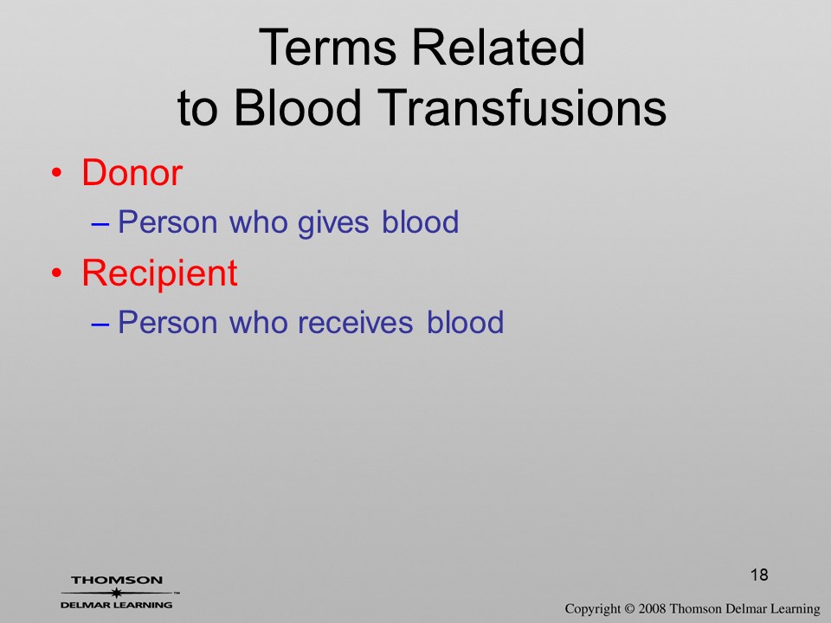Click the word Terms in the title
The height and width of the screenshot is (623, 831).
click(x=327, y=47)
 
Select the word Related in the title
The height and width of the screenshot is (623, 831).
click(x=499, y=47)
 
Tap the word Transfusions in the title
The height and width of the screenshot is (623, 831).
click(x=522, y=107)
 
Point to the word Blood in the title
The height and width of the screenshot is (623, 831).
click(x=297, y=107)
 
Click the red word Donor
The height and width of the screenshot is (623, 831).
click(x=132, y=173)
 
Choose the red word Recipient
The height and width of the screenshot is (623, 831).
click(x=159, y=273)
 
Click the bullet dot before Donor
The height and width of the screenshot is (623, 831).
click(x=56, y=173)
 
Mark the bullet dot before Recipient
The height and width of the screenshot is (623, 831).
click(x=56, y=273)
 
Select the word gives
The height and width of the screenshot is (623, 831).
click(x=332, y=223)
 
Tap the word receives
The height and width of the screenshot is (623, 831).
click(x=355, y=323)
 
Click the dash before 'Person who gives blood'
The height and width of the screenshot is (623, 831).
click(x=100, y=223)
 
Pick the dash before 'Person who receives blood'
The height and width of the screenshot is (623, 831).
click(x=100, y=324)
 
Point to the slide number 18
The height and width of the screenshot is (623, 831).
click(x=759, y=575)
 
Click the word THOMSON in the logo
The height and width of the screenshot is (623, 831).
click(x=117, y=580)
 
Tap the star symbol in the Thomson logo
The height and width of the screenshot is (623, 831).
click(x=116, y=593)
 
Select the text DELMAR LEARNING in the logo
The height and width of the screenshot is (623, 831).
click(x=116, y=605)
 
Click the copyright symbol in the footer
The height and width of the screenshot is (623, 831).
click(x=628, y=609)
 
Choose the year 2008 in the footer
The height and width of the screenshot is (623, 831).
click(x=652, y=609)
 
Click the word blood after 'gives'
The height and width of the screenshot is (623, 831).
click(x=421, y=222)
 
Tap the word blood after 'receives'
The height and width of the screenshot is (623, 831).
click(x=465, y=322)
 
